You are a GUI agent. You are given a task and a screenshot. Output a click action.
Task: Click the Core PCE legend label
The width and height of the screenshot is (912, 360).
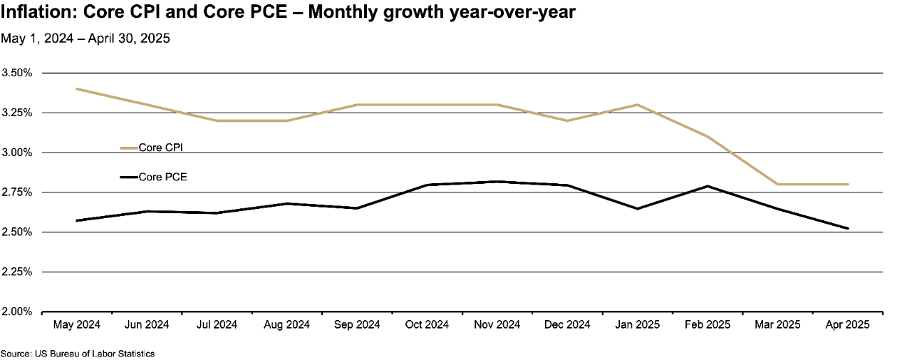[x=162, y=177]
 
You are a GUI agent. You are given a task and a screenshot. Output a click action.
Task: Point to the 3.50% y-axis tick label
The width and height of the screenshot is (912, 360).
[x=17, y=73]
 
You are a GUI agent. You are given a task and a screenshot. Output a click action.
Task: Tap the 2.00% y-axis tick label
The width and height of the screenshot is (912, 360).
[x=17, y=312]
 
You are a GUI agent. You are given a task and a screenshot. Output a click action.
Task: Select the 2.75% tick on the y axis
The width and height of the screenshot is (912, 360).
[x=17, y=192]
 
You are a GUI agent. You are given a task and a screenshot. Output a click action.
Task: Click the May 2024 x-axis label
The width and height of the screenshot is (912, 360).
[x=77, y=325]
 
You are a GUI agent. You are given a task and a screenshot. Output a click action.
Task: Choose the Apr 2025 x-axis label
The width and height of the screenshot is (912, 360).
[x=848, y=325]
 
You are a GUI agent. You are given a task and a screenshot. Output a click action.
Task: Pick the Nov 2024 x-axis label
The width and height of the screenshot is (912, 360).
[x=497, y=325]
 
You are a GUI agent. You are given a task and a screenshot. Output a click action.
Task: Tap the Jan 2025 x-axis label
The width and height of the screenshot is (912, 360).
[x=637, y=325]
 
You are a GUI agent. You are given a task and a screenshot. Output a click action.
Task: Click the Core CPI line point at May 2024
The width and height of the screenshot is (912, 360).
[x=77, y=89]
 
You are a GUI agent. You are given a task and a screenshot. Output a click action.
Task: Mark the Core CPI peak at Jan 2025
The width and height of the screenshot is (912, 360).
[x=637, y=105]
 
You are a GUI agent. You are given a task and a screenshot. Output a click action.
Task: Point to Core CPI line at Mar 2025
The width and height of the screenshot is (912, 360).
[x=778, y=184]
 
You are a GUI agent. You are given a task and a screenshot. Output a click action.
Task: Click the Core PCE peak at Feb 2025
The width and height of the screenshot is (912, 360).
[x=708, y=186]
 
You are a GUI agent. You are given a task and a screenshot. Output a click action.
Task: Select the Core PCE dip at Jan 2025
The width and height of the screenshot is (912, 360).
[x=637, y=209]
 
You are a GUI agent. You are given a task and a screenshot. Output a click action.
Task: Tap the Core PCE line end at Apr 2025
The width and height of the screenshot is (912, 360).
[x=848, y=228]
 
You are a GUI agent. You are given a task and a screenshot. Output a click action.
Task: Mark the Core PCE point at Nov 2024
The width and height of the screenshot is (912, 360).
[x=497, y=182]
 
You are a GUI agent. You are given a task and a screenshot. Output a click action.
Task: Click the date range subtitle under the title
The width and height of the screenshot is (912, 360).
[x=85, y=38]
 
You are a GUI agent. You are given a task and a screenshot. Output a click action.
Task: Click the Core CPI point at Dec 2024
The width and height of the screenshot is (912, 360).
[x=567, y=120]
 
